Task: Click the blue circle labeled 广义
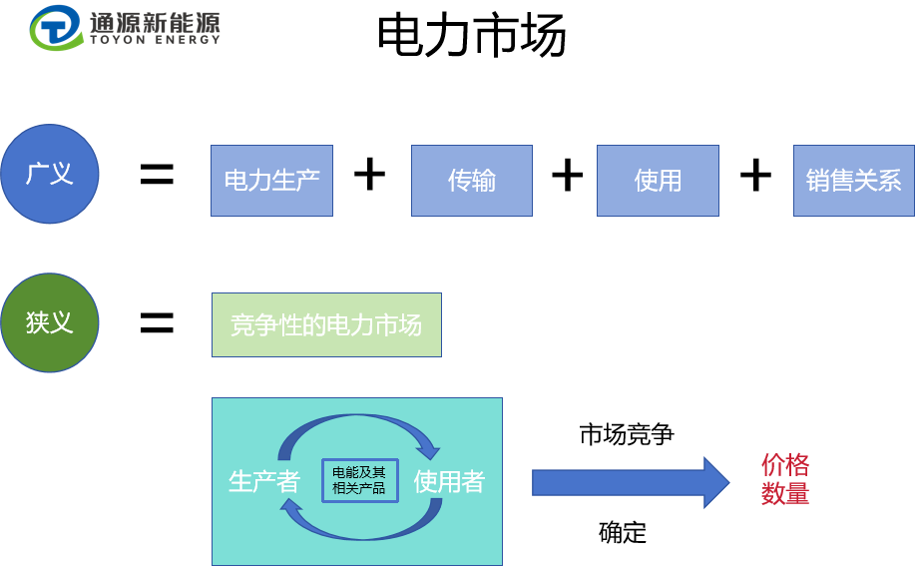click(x=50, y=174)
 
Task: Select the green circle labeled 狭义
click(x=50, y=322)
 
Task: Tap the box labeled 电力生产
click(x=271, y=181)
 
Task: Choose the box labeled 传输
click(x=472, y=181)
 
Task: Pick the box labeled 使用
click(x=658, y=181)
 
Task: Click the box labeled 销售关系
click(x=854, y=181)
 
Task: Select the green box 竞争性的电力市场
click(x=326, y=324)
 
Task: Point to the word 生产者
click(x=264, y=481)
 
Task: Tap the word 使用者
click(x=450, y=481)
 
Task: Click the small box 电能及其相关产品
click(x=359, y=480)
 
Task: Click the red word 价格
click(x=785, y=465)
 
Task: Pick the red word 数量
click(x=785, y=493)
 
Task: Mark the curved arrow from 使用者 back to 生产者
click(x=359, y=526)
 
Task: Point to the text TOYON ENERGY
click(x=155, y=40)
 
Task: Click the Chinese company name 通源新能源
click(x=155, y=21)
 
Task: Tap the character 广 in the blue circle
click(x=38, y=174)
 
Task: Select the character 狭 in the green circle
click(x=38, y=322)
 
